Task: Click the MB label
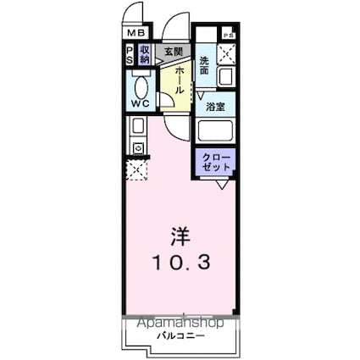tap(136, 34)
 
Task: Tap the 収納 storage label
tap(146, 55)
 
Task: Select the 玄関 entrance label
tap(173, 52)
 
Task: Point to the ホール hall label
tap(180, 80)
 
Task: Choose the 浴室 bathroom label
tap(216, 108)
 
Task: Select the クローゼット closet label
tap(215, 162)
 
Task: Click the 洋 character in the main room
tap(179, 232)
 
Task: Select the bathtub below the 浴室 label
tap(216, 132)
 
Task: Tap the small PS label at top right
tap(227, 35)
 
